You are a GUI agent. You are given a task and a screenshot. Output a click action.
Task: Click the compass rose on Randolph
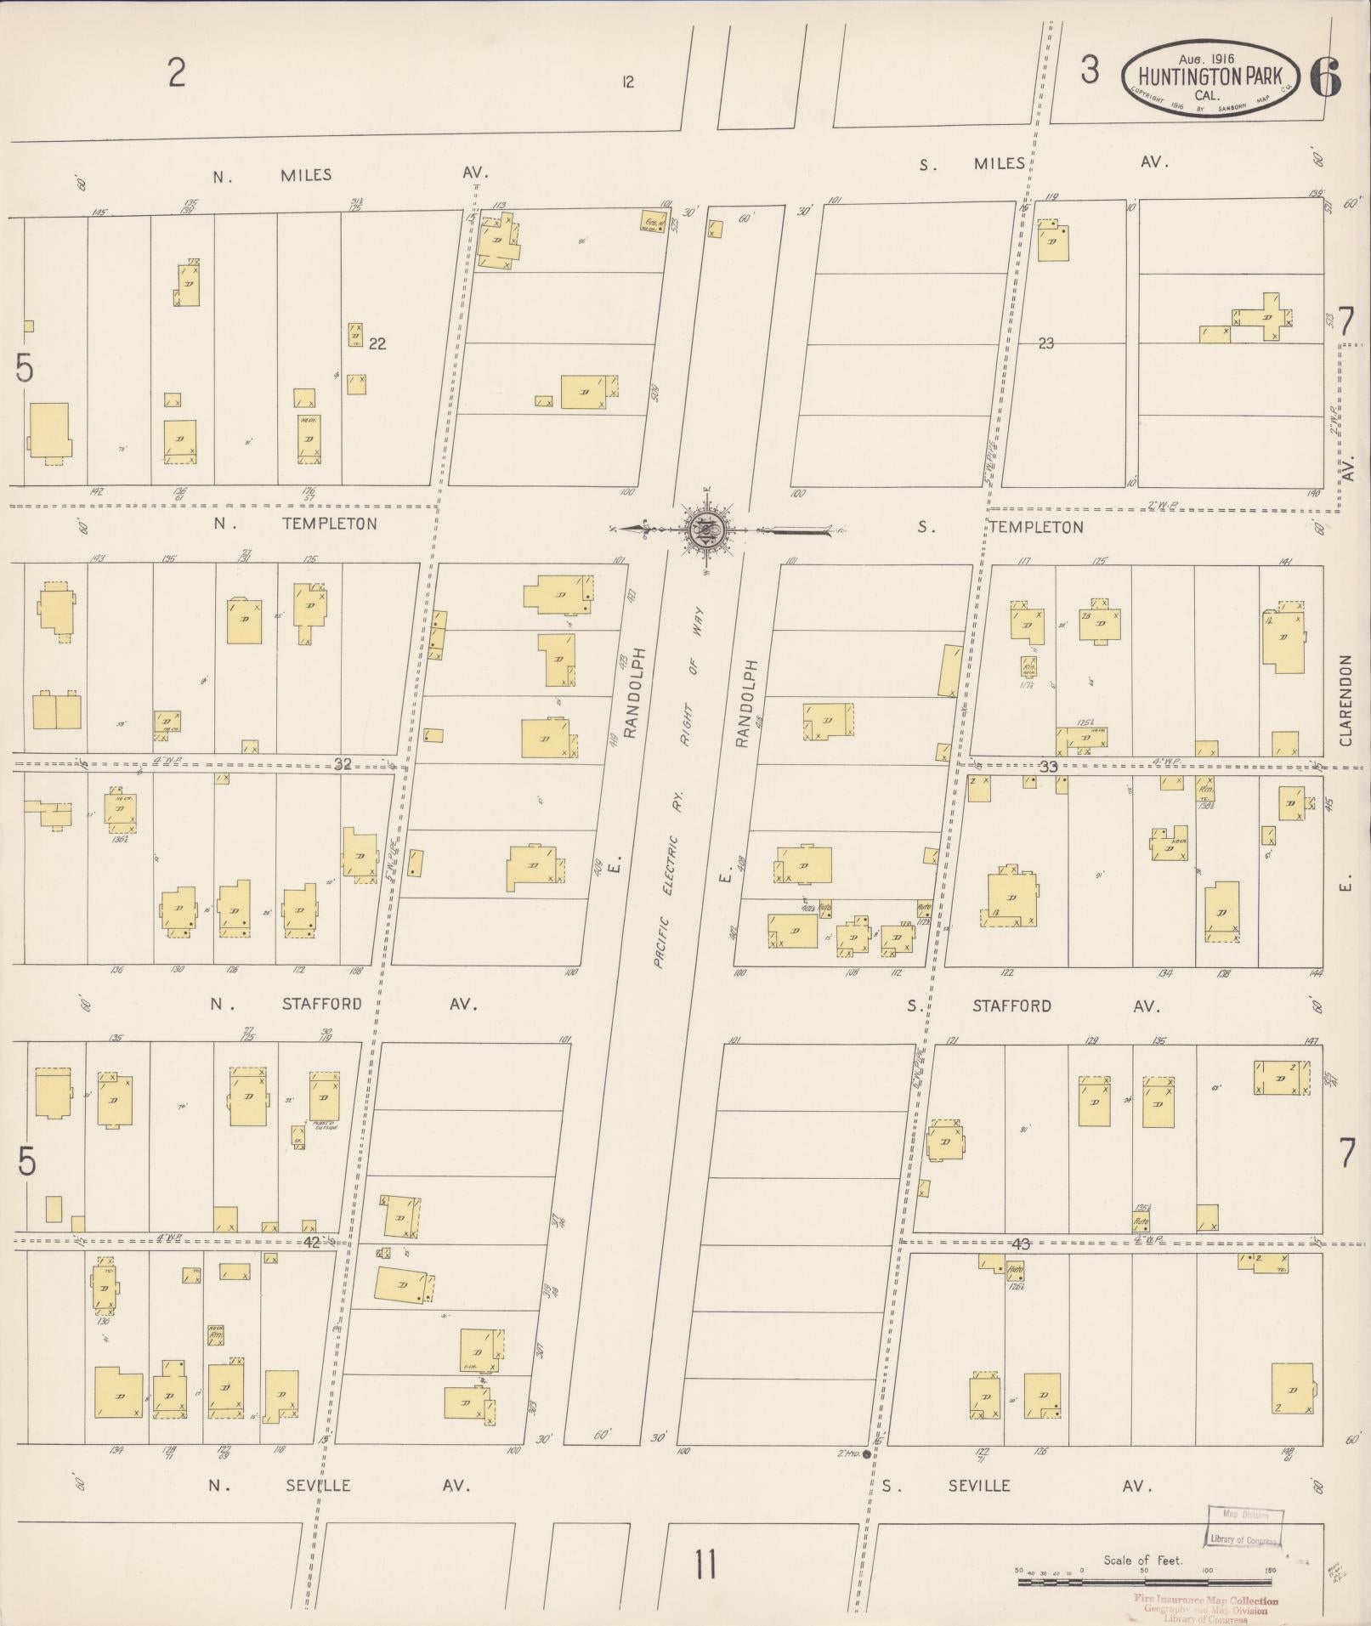tap(706, 530)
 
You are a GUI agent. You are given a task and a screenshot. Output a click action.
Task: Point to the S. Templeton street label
tap(1035, 527)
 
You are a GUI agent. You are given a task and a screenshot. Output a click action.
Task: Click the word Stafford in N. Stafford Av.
tap(322, 1004)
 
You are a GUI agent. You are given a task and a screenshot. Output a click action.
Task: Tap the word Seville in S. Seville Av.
tap(980, 1486)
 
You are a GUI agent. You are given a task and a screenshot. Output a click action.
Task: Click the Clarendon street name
tap(1346, 700)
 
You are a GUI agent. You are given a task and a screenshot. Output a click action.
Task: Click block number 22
tap(378, 343)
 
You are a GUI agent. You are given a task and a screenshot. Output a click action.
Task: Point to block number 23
tap(1045, 343)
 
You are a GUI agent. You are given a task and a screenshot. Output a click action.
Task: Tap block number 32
tap(342, 764)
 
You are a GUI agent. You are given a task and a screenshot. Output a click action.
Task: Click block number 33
tap(1048, 767)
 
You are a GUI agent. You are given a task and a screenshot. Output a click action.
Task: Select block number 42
tap(312, 1242)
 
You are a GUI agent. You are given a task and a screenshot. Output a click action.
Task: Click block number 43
tap(1021, 1244)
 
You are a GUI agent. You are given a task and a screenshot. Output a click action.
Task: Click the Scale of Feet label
tap(1142, 1560)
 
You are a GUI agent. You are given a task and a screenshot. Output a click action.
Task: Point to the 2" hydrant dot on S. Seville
tap(866, 1454)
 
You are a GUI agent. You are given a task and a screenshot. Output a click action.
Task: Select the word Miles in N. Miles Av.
tap(306, 175)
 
